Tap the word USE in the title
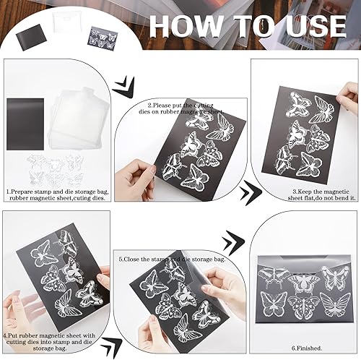(x=310, y=25)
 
